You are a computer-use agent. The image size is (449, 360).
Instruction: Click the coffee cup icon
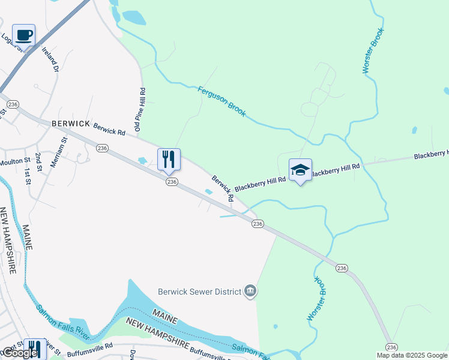coord(23,35)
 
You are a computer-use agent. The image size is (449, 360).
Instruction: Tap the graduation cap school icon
coord(300,170)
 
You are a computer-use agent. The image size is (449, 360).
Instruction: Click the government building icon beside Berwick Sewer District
coord(250,292)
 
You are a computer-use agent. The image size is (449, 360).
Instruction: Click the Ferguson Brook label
coord(221,101)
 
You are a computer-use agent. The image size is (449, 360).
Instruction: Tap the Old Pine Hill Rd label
coord(139,109)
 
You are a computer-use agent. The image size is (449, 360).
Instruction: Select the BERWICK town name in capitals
coord(70,123)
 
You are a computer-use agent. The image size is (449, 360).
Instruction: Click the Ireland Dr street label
coord(50,61)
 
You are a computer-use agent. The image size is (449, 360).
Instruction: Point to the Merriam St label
coord(61,152)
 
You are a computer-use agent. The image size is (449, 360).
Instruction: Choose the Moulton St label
coord(15,161)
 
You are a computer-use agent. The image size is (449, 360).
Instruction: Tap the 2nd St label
coord(38,162)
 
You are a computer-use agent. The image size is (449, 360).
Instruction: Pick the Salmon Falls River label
coord(64,319)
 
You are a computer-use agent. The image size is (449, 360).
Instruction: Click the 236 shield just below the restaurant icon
coord(172,182)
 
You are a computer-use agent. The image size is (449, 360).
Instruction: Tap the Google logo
coord(20,353)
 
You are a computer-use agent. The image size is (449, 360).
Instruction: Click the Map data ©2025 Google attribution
coord(411,355)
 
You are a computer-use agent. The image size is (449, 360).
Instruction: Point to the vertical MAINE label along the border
coord(26,238)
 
